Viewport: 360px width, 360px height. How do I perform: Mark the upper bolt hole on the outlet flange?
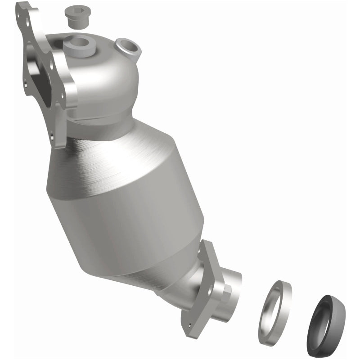pyautogui.click(x=209, y=246)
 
